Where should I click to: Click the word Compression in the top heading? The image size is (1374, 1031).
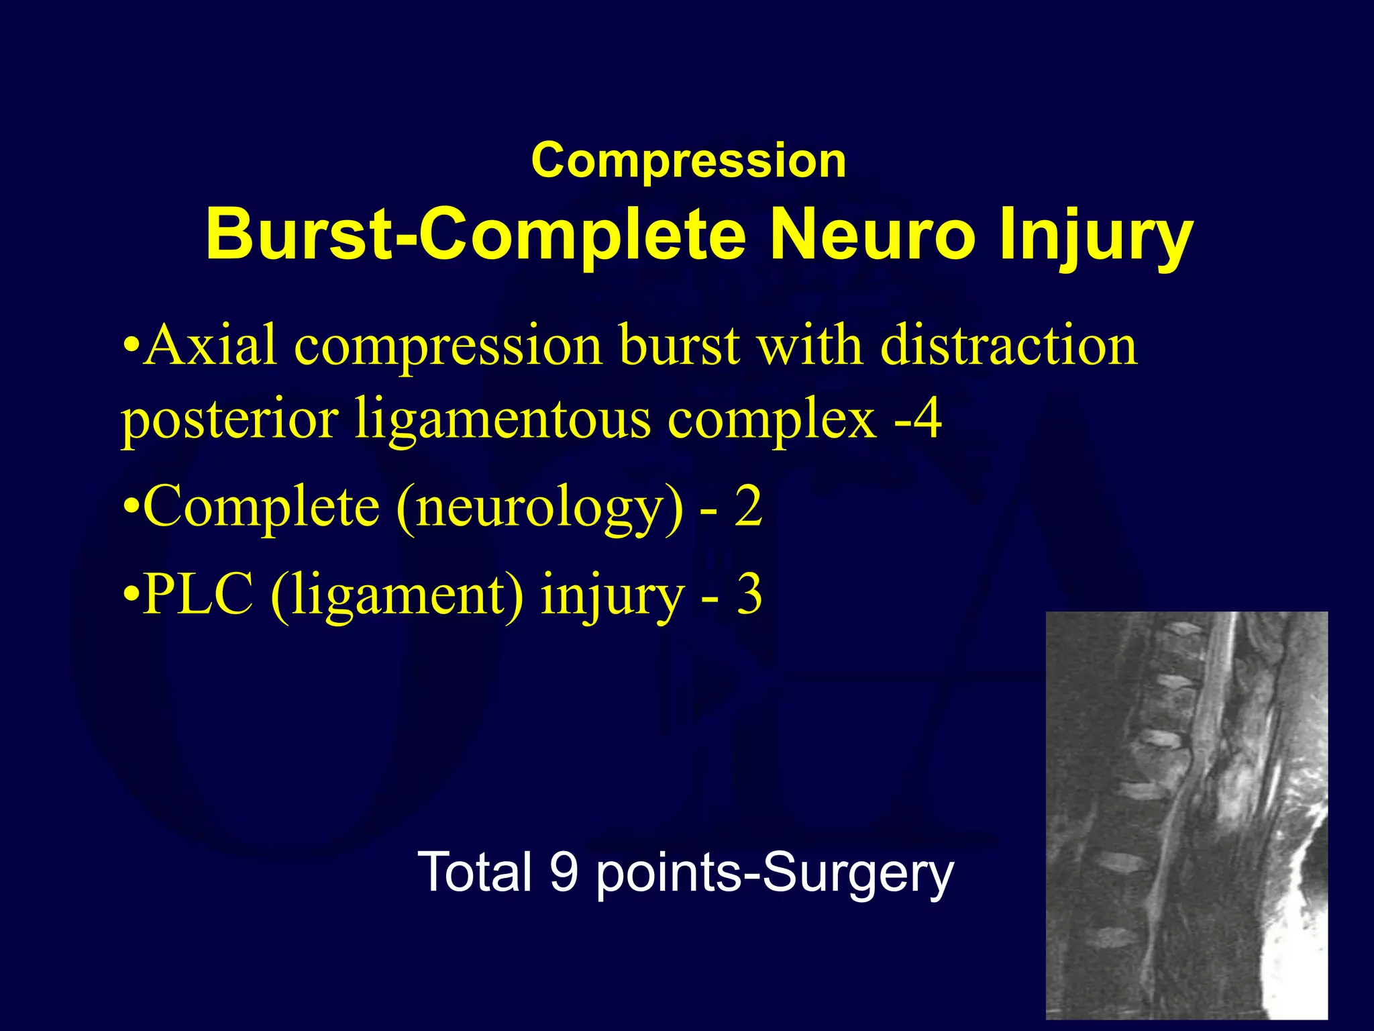(x=688, y=161)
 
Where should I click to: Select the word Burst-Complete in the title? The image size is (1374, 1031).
(x=475, y=235)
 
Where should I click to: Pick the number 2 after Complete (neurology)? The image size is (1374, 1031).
(x=747, y=507)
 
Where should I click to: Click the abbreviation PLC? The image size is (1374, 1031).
(x=199, y=594)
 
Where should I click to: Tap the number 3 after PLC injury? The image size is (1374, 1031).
(x=749, y=594)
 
